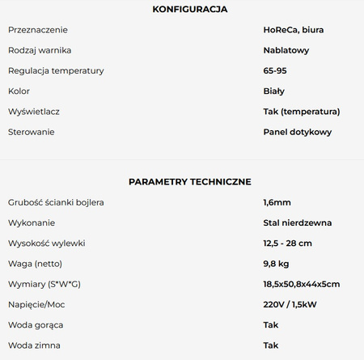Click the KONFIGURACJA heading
[x=190, y=10]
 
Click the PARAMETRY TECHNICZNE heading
[x=190, y=182]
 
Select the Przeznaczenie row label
[x=39, y=30]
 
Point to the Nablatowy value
[x=286, y=50]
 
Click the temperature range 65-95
[x=275, y=70]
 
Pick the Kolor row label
[x=19, y=91]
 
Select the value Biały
[x=273, y=91]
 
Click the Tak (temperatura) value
[x=301, y=112]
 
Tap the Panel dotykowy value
[x=297, y=132]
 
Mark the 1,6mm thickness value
[x=277, y=201]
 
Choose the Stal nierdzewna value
[x=297, y=222]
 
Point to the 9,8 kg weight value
[x=277, y=263]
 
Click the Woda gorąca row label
[x=36, y=324]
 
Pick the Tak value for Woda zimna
[x=271, y=345]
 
